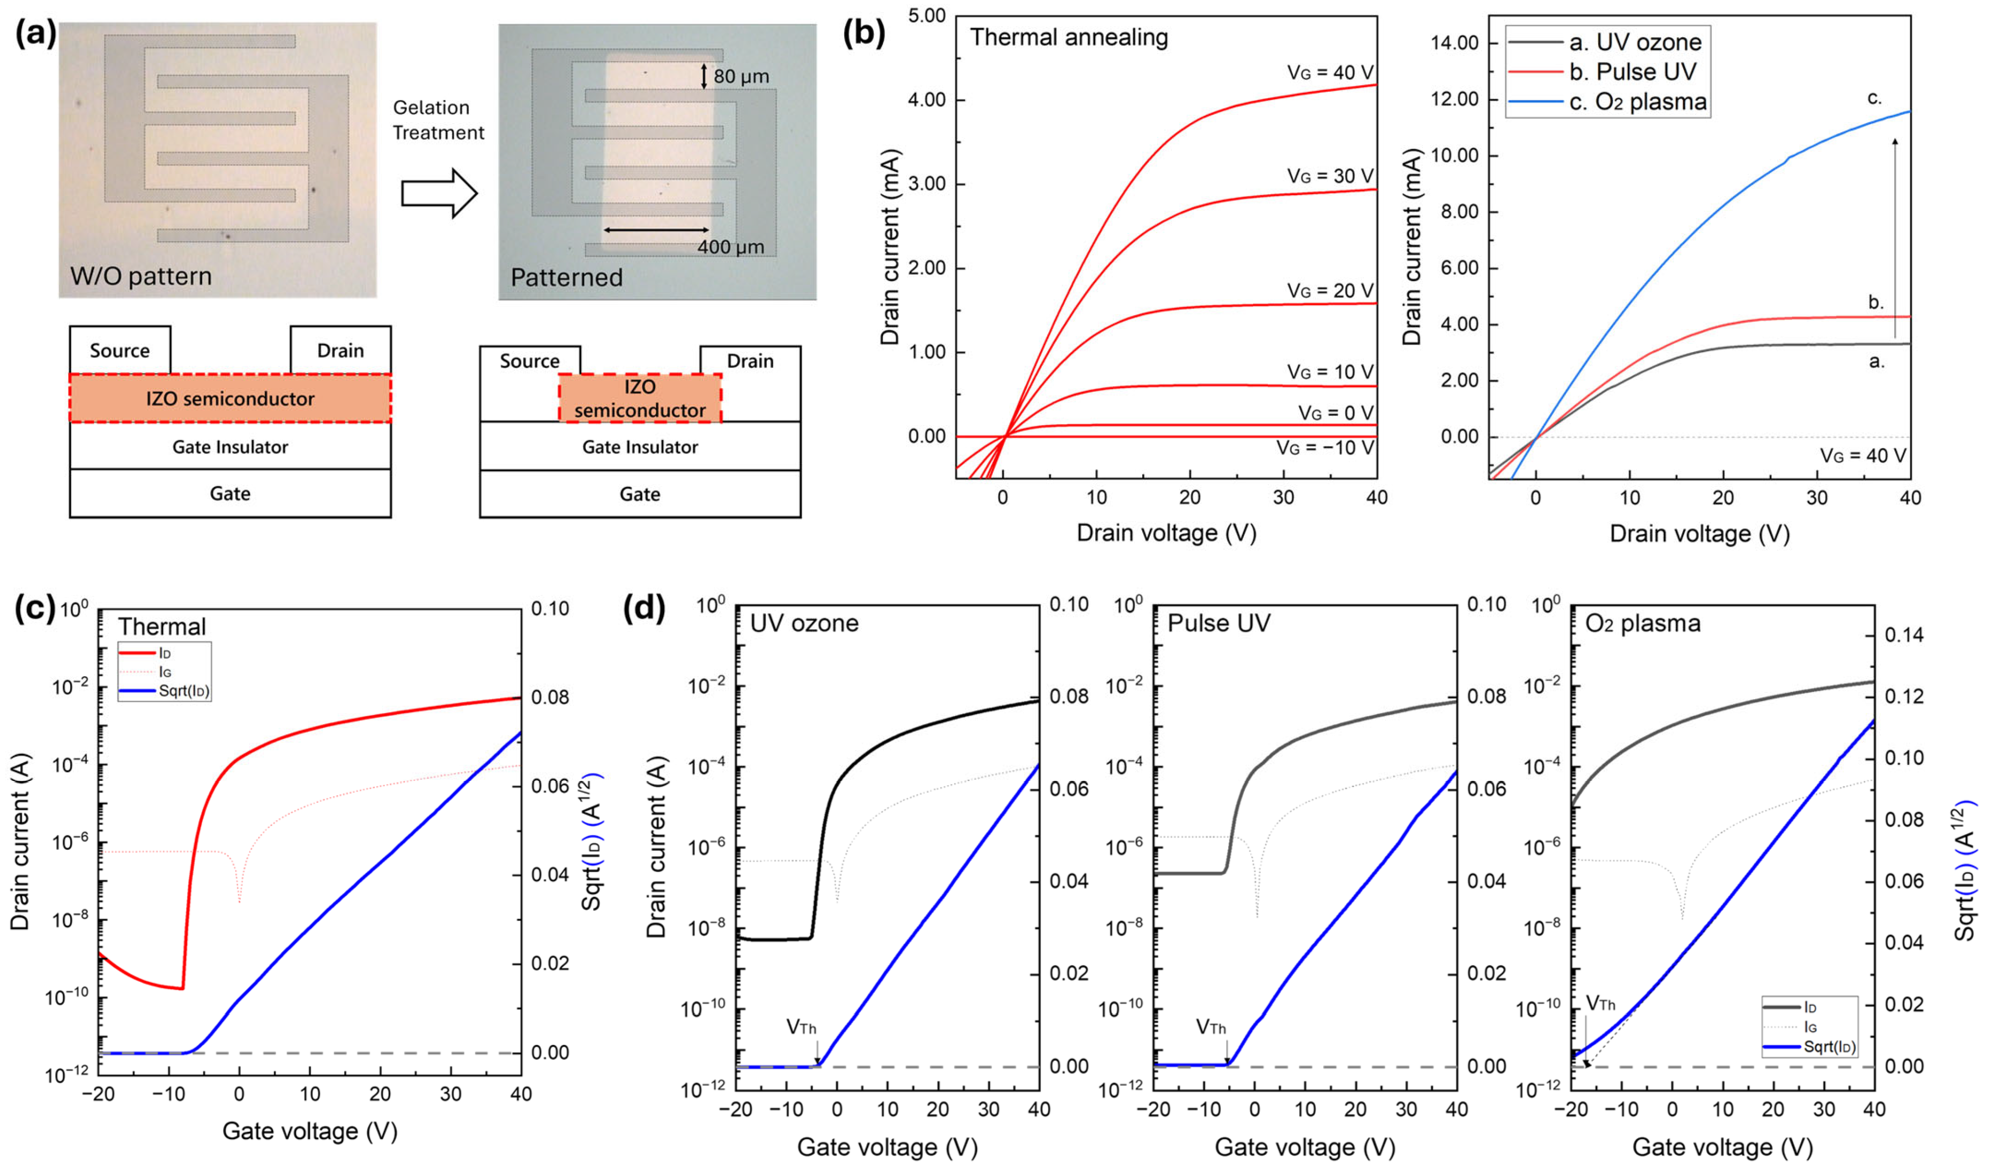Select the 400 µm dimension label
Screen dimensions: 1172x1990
point(731,247)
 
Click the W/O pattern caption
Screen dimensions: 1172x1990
point(141,277)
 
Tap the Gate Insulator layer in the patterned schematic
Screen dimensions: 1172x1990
point(640,447)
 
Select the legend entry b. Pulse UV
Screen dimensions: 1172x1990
point(1632,72)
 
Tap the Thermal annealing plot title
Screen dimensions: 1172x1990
point(1068,37)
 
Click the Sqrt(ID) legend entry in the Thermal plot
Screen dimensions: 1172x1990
point(183,691)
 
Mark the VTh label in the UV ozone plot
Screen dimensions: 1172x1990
point(801,1027)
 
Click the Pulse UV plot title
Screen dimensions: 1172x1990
point(1218,623)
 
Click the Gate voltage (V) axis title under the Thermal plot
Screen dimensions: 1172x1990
point(309,1131)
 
